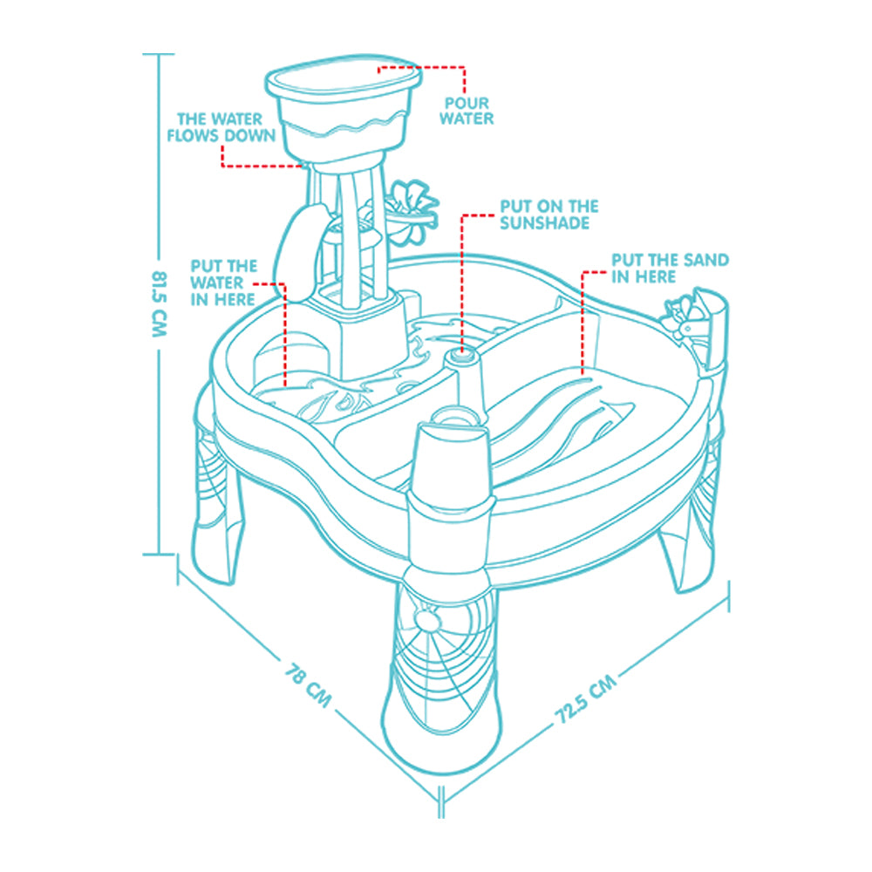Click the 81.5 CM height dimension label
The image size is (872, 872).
tap(159, 303)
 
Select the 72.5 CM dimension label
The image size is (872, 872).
tap(586, 699)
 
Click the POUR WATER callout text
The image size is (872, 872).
tap(466, 111)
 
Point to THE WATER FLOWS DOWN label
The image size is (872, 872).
tap(221, 127)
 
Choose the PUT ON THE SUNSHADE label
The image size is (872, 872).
tap(548, 215)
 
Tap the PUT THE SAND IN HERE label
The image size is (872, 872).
tap(670, 268)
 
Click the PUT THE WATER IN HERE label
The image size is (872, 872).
tap(223, 283)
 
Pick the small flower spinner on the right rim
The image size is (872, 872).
tap(679, 318)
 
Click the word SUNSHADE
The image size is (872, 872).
tap(544, 223)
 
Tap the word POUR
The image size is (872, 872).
tap(467, 103)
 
